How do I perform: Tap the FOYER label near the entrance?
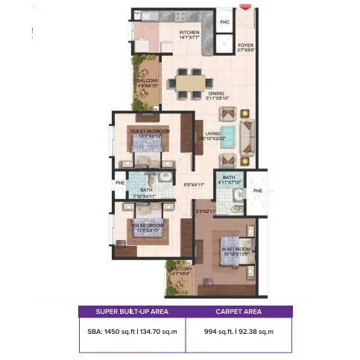(245, 45)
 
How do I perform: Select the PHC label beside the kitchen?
(224, 22)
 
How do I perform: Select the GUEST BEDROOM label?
(150, 131)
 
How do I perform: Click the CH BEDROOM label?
(148, 224)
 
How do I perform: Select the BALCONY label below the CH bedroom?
(181, 270)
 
